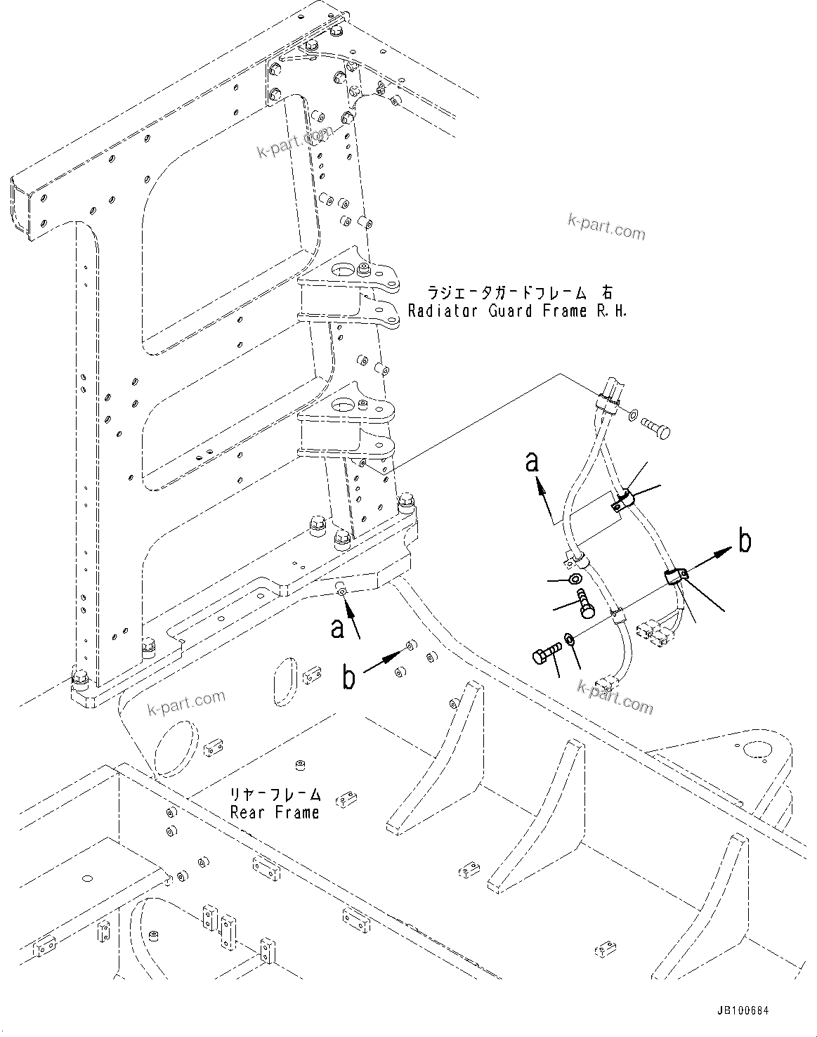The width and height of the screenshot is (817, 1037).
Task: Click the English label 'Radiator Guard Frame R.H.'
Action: [517, 311]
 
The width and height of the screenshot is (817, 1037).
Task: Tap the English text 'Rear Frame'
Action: [275, 812]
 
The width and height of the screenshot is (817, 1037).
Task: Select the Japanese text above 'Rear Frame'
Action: [275, 795]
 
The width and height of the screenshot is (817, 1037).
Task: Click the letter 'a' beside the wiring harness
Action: [534, 463]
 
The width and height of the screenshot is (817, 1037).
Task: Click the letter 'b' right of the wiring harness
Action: [744, 542]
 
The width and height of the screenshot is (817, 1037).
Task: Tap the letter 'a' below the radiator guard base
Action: [338, 628]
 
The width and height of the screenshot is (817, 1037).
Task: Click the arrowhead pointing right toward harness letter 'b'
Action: [722, 554]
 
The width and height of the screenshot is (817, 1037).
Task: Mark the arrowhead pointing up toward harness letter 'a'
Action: [540, 485]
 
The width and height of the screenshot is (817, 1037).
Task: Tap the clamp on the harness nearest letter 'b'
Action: [675, 577]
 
